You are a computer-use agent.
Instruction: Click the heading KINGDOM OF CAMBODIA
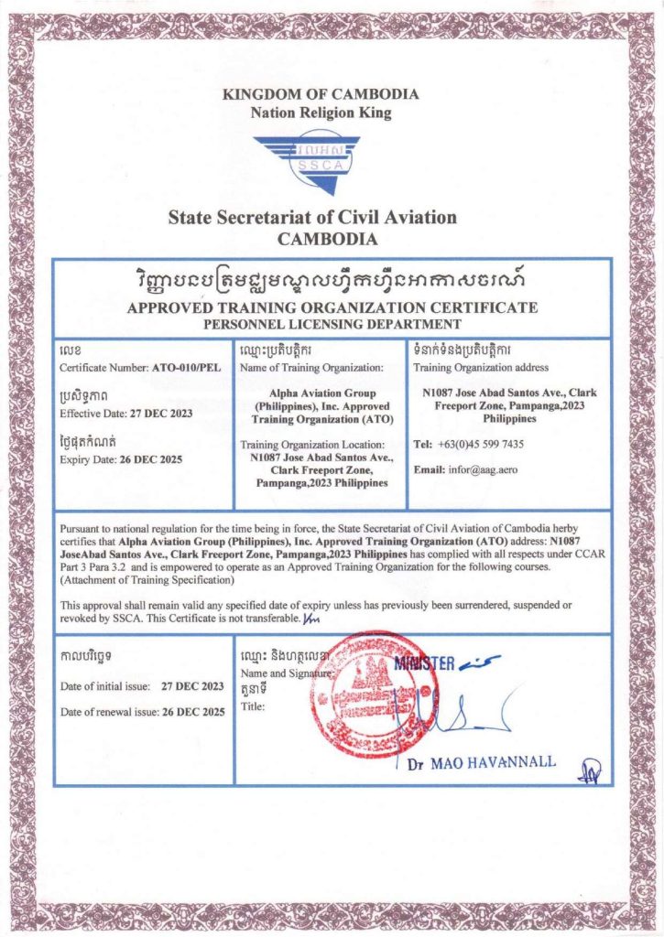(321, 94)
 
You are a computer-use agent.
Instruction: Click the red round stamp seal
(370, 692)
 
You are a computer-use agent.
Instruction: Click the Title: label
(252, 707)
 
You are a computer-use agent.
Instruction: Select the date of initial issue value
(192, 685)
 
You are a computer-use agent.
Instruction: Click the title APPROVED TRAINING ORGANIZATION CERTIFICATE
(332, 307)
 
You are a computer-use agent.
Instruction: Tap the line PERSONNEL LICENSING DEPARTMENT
(332, 324)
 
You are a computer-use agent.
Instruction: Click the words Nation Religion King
(321, 113)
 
